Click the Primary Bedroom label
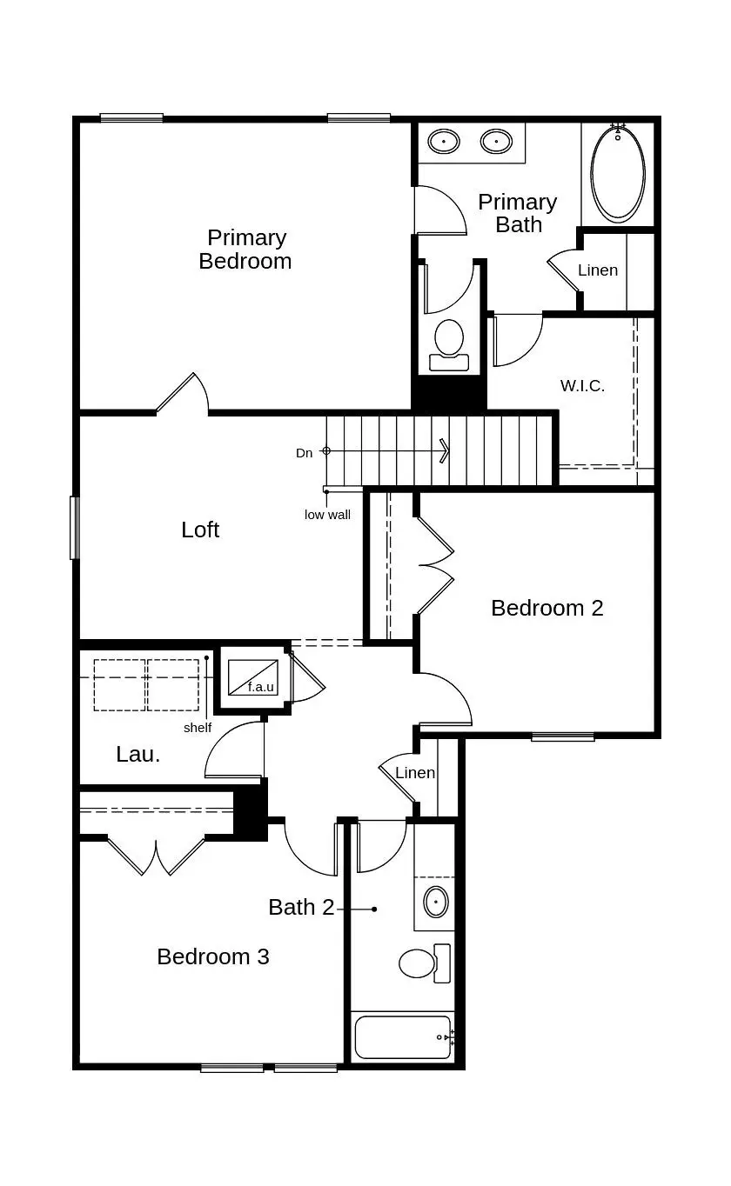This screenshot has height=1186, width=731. [x=245, y=250]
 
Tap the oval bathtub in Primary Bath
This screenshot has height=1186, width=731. [x=619, y=172]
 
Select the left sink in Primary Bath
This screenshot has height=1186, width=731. [x=444, y=141]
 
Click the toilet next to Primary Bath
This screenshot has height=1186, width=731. [x=449, y=342]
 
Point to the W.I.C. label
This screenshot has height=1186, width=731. [x=582, y=385]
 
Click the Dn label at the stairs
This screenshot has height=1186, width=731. [x=304, y=453]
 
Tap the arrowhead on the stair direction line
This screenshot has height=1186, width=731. [x=445, y=450]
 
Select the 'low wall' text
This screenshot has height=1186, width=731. [x=327, y=515]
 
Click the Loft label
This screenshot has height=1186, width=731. [x=200, y=530]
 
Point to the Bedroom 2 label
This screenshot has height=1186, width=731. [x=547, y=608]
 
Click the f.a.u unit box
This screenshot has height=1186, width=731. [x=252, y=676]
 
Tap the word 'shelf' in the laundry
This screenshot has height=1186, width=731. [x=197, y=728]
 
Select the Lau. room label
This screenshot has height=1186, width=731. [x=138, y=754]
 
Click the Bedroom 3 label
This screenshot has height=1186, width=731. [x=213, y=956]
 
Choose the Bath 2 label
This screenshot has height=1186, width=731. [x=301, y=907]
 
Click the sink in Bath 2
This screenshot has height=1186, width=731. [x=435, y=902]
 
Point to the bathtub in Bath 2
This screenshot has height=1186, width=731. [x=402, y=1036]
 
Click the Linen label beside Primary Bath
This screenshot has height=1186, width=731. [x=598, y=270]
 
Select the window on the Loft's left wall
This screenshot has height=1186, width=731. [x=75, y=527]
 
